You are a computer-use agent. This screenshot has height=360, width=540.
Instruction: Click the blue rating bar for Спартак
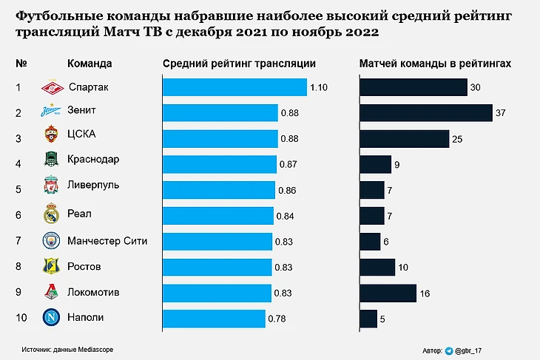(234, 87)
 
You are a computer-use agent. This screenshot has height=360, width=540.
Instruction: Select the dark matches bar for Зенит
(426, 112)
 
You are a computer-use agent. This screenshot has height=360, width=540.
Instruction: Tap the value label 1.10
(319, 88)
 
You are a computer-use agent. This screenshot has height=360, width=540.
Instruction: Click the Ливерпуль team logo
(50, 185)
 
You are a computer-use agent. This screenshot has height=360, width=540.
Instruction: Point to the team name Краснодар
(93, 159)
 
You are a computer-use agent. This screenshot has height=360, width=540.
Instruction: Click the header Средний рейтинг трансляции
(239, 64)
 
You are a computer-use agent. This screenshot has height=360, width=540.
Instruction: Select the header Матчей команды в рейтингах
(435, 64)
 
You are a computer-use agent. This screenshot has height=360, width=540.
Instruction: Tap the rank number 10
(21, 318)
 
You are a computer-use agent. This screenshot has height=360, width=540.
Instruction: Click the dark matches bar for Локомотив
(388, 293)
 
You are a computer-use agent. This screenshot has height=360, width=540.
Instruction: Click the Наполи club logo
(50, 318)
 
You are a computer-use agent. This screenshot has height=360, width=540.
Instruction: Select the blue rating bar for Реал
(218, 216)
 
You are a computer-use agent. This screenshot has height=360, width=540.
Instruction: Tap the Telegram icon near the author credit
(449, 350)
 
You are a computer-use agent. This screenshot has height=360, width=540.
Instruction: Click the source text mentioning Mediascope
(68, 348)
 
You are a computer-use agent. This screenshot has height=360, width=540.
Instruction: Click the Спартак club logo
(50, 88)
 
